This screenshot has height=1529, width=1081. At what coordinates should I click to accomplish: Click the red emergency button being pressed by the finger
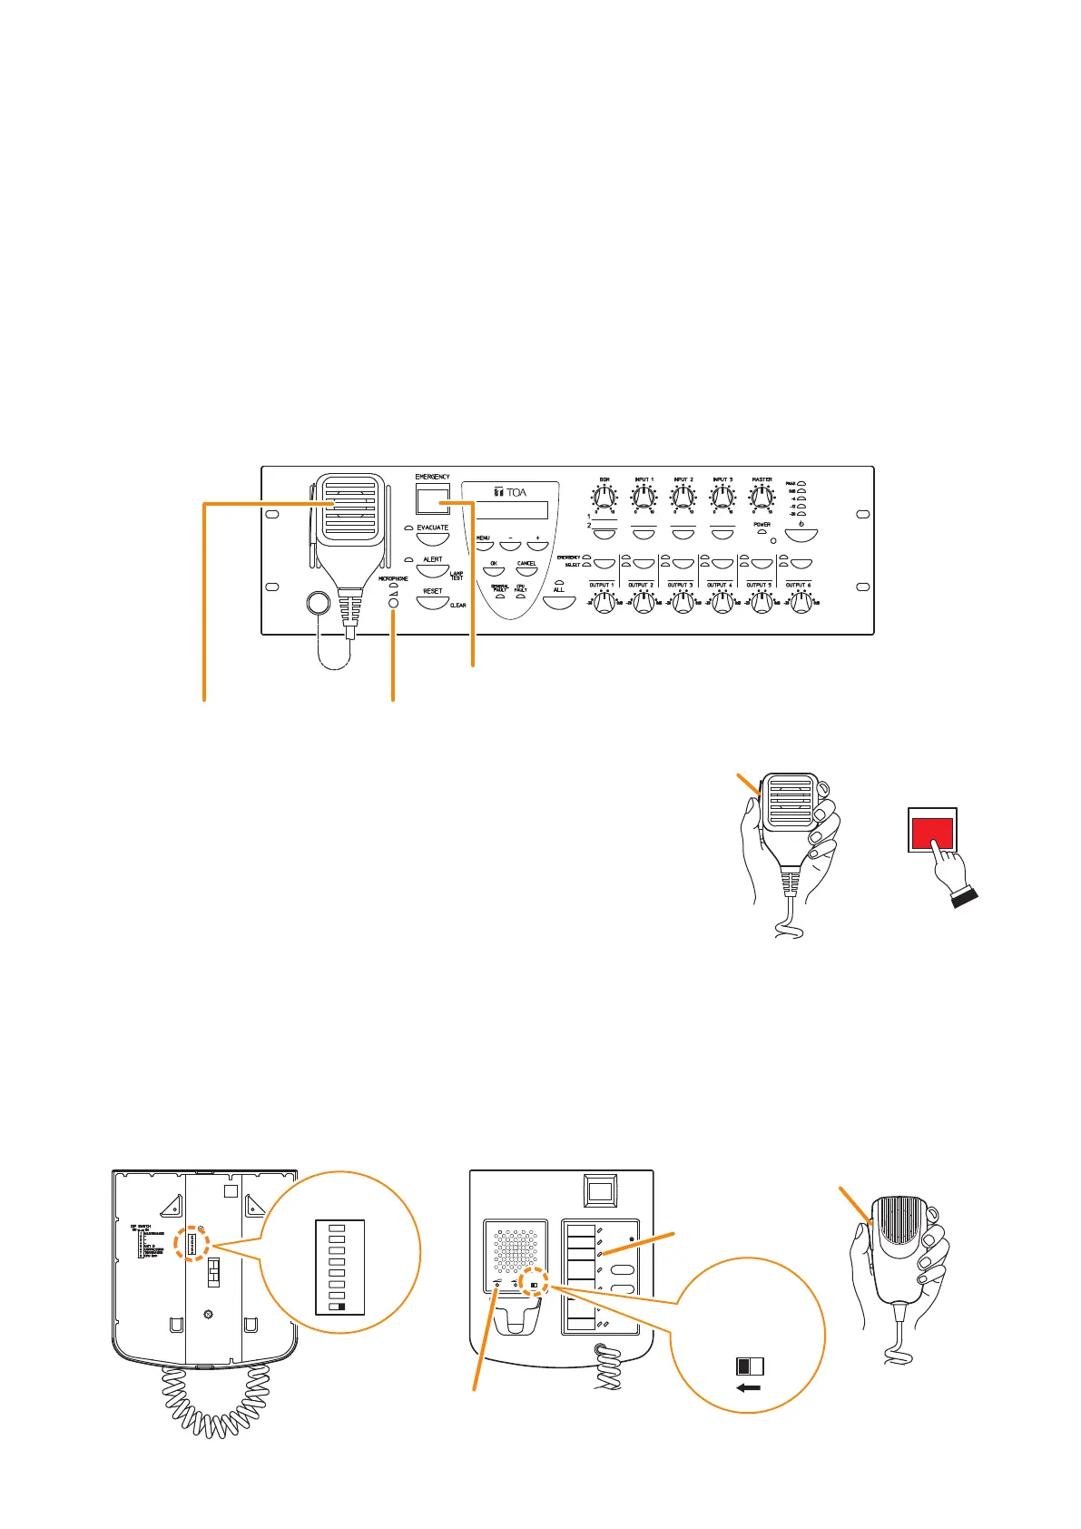[931, 831]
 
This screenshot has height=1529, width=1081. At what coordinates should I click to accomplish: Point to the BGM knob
[604, 498]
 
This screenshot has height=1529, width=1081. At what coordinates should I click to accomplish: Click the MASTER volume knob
[762, 498]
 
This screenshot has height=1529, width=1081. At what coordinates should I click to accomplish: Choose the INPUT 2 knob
[683, 498]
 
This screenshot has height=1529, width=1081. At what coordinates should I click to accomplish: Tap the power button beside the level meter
[801, 535]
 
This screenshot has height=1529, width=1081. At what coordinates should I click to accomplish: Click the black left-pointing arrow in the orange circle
[749, 1388]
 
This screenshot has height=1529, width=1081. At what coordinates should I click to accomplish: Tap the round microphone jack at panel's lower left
[318, 602]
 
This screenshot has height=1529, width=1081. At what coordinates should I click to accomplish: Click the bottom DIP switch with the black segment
[338, 1307]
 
